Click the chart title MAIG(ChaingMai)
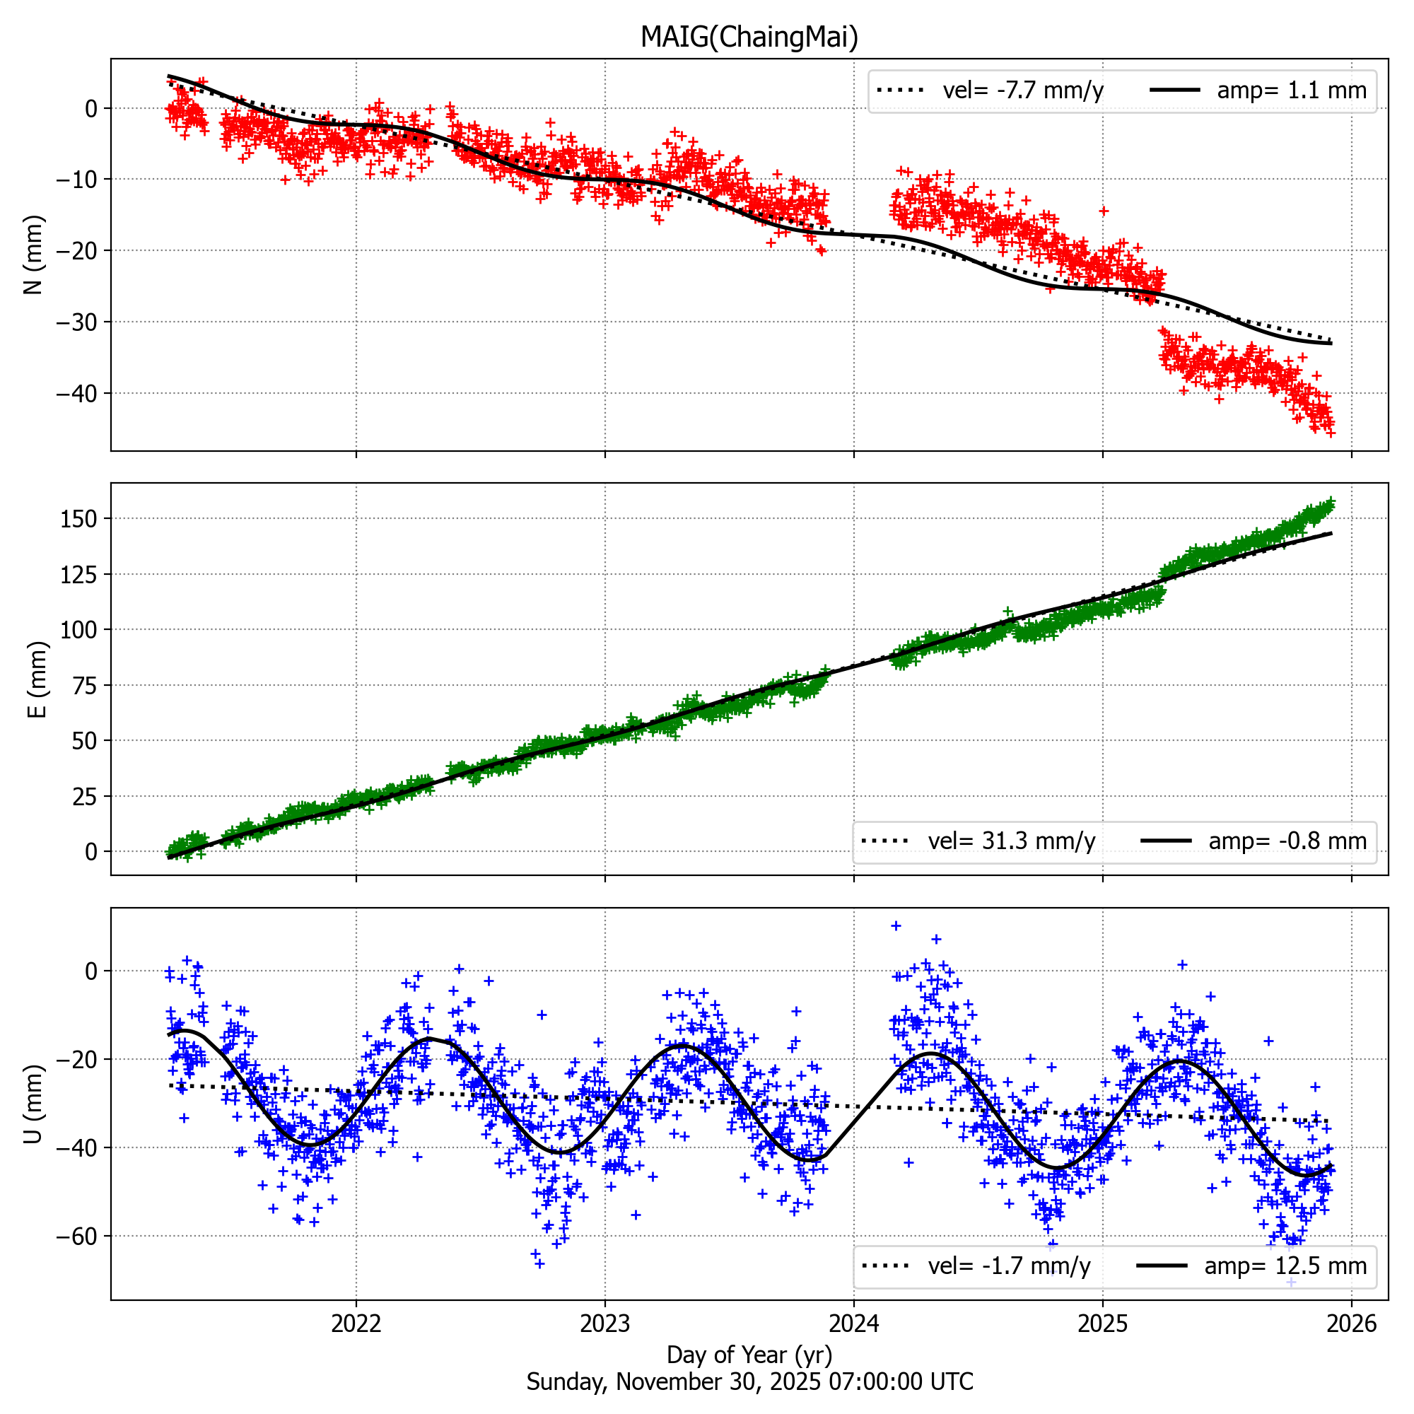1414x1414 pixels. point(749,37)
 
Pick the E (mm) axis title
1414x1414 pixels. point(37,679)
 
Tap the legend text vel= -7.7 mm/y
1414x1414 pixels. point(1022,90)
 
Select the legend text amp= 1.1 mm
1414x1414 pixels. point(1291,90)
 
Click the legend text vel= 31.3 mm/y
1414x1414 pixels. point(1012,841)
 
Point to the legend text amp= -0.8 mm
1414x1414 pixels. point(1287,841)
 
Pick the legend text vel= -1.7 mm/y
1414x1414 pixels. point(1009,1266)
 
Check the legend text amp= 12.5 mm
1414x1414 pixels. point(1285,1266)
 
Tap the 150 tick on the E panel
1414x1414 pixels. point(79,519)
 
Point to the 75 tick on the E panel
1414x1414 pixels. point(85,685)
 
